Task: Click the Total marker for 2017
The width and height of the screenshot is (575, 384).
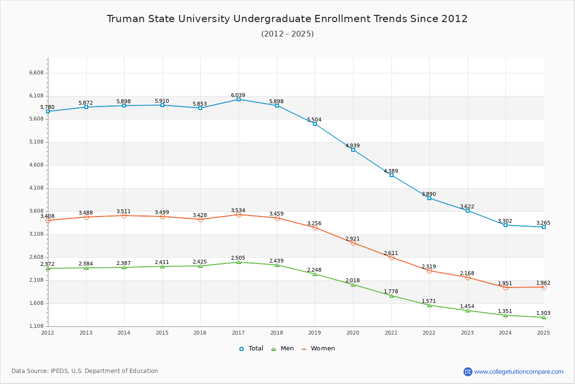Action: tap(239, 99)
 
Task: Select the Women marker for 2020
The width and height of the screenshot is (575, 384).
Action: tap(353, 243)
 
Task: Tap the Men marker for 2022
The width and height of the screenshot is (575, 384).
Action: tap(429, 305)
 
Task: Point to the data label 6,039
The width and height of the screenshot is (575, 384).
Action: tap(238, 95)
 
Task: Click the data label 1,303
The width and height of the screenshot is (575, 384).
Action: tap(543, 313)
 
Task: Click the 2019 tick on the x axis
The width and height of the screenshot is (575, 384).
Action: tap(315, 332)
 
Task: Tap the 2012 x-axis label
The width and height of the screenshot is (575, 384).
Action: tap(48, 332)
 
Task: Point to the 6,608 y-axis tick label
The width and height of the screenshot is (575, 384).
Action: tap(36, 73)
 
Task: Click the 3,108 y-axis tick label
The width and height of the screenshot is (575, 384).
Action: tap(36, 234)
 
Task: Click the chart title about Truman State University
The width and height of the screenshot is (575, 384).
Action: tap(287, 19)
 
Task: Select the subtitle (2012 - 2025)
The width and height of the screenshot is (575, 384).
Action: tap(287, 34)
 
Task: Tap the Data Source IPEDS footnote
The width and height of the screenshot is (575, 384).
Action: tap(85, 371)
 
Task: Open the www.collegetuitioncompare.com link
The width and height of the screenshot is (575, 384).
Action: tap(518, 372)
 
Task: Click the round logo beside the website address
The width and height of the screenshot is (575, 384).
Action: tap(468, 372)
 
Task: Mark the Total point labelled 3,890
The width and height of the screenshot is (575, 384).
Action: tap(429, 198)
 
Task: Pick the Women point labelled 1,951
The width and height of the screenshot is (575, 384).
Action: tap(506, 288)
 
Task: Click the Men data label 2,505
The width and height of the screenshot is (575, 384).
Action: tap(238, 258)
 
